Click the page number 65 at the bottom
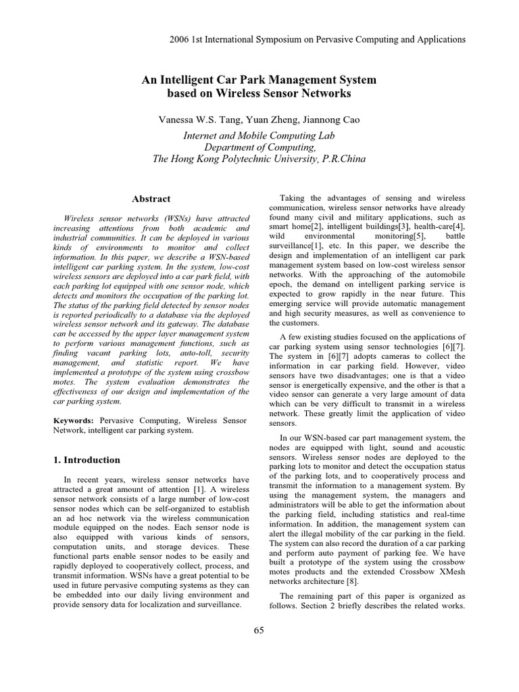259,631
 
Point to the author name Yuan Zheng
262,120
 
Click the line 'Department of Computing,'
259,147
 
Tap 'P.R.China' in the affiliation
343,159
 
